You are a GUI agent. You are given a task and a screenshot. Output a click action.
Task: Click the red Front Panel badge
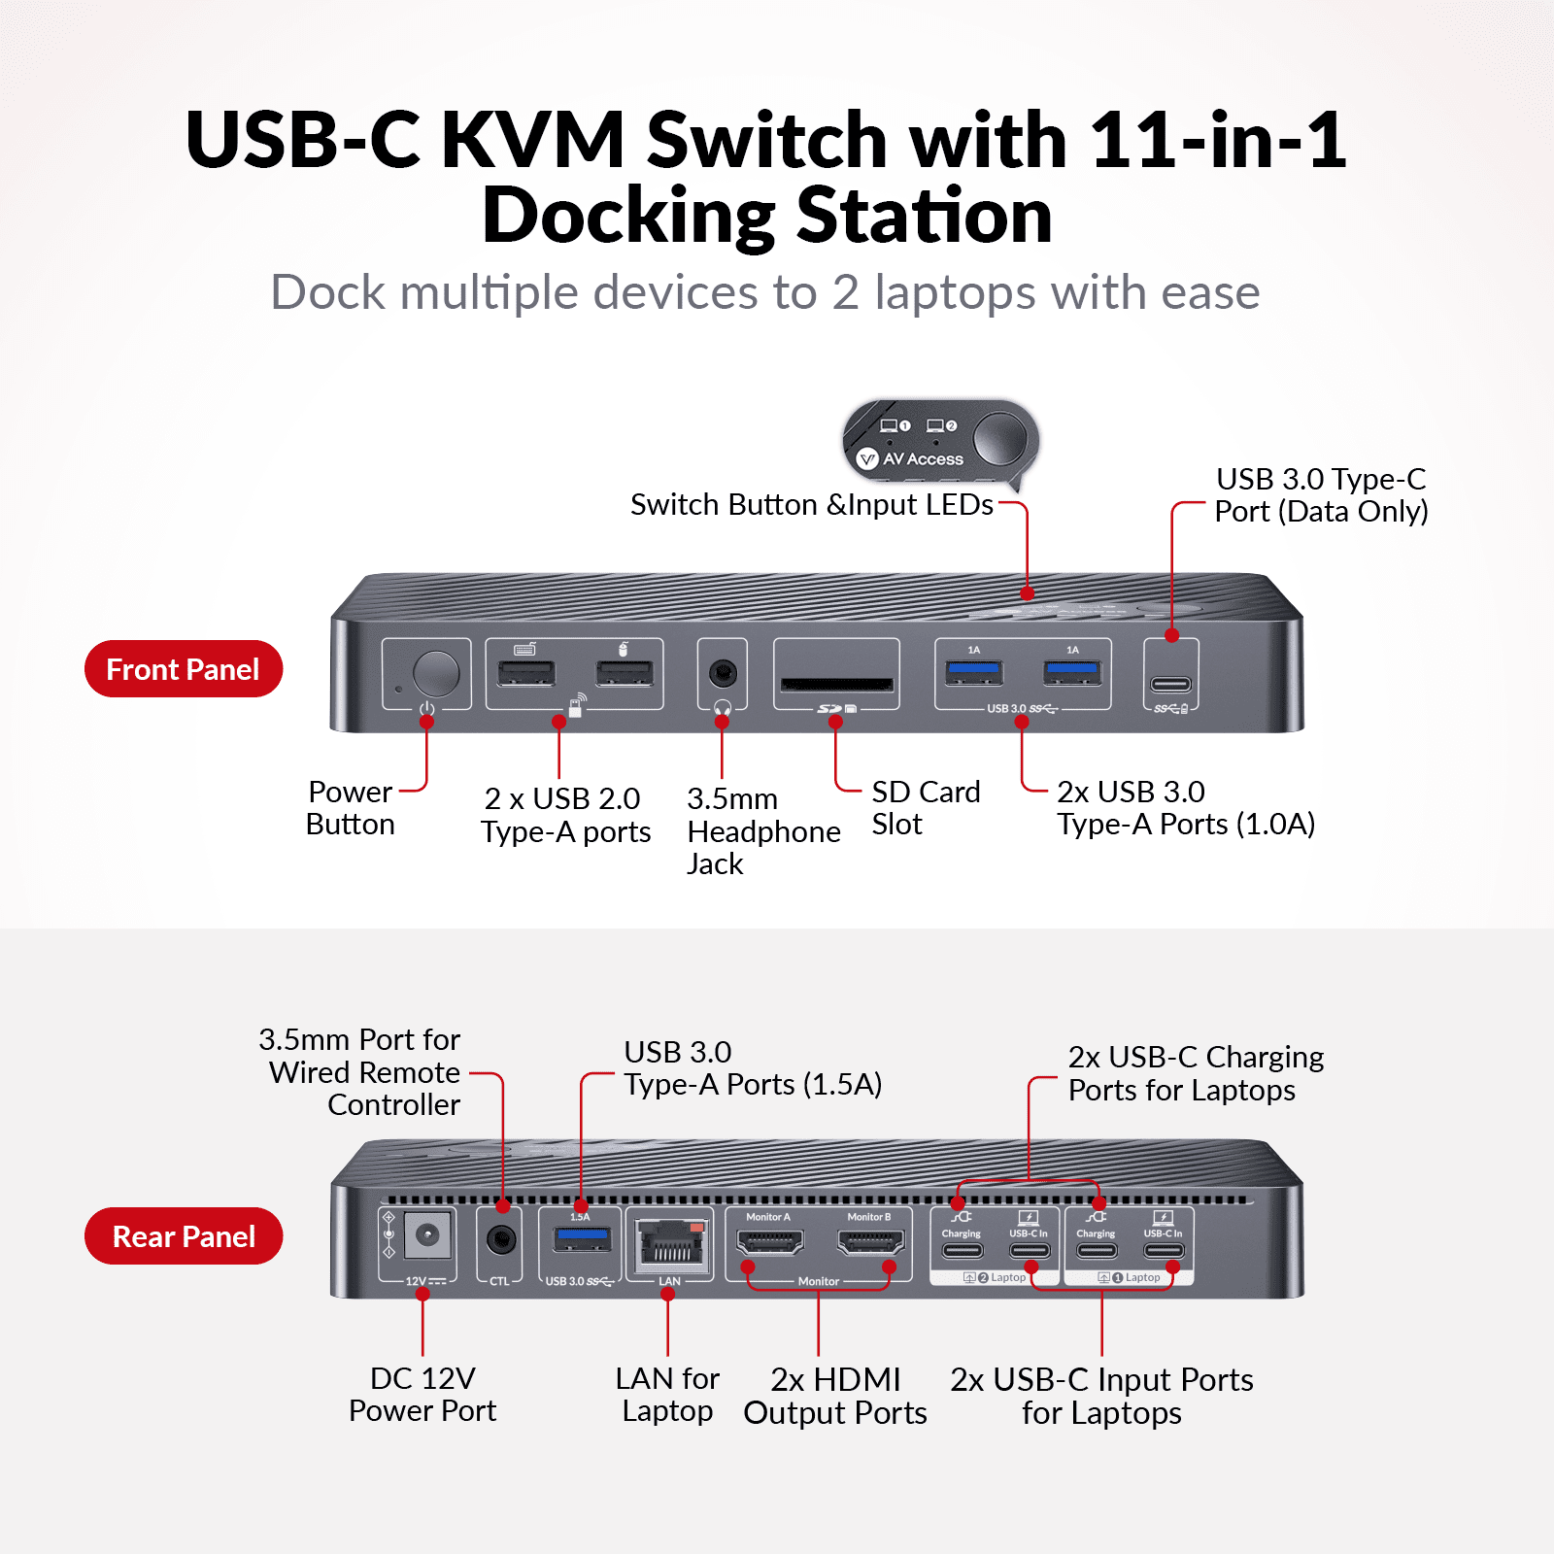pyautogui.click(x=183, y=669)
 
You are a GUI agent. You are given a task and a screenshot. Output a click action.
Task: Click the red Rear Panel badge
pyautogui.click(x=183, y=1236)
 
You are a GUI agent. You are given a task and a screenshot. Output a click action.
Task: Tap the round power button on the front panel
pyautogui.click(x=436, y=673)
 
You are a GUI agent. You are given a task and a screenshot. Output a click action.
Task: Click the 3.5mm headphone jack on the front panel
pyautogui.click(x=722, y=672)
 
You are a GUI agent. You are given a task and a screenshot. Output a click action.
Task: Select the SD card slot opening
pyautogui.click(x=836, y=684)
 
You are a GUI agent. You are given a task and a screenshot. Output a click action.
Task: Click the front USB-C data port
pyautogui.click(x=1170, y=684)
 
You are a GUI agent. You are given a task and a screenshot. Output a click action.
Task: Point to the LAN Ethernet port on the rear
pyautogui.click(x=669, y=1244)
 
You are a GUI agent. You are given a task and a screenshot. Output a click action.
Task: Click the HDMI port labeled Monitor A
pyautogui.click(x=769, y=1241)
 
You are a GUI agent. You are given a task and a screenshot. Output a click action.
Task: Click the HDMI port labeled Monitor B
pyautogui.click(x=870, y=1241)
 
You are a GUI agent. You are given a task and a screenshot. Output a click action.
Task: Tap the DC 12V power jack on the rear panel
pyautogui.click(x=426, y=1236)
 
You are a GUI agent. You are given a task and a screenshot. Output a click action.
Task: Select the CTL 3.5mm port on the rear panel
pyautogui.click(x=500, y=1239)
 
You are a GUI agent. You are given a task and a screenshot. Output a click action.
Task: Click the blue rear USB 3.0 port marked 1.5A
pyautogui.click(x=581, y=1238)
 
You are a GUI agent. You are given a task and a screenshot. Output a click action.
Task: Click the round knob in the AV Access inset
pyautogui.click(x=1000, y=438)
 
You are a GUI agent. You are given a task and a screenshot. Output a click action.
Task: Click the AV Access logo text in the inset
pyautogui.click(x=922, y=458)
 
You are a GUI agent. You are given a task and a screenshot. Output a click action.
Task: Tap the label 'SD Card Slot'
pyautogui.click(x=925, y=807)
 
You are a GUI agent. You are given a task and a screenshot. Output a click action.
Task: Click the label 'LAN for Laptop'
pyautogui.click(x=667, y=1394)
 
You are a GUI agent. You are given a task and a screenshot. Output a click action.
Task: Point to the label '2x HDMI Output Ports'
pyautogui.click(x=835, y=1396)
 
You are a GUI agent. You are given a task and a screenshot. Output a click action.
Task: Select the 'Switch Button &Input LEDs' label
pyautogui.click(x=811, y=504)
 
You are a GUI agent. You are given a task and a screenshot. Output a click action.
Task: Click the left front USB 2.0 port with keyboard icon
pyautogui.click(x=526, y=673)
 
